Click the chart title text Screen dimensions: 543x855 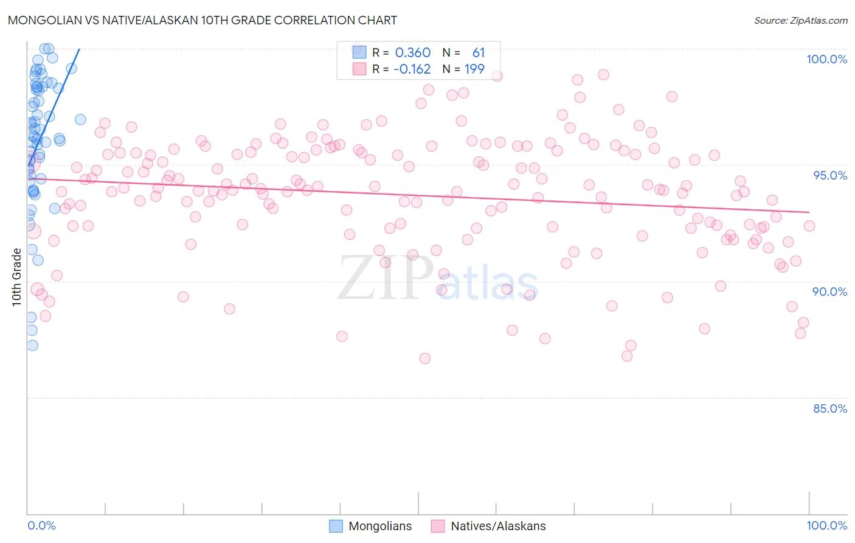coord(202,20)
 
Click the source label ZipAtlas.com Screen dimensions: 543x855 coord(800,21)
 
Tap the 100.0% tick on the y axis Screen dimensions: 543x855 coord(826,59)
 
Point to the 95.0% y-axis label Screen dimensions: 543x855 coord(830,175)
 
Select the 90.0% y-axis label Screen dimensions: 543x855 coord(829,292)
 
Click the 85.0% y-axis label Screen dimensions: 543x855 coord(829,408)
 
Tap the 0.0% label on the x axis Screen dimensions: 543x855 coord(41,525)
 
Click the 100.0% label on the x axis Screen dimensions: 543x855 coord(826,525)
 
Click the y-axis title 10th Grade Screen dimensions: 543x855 coord(17,277)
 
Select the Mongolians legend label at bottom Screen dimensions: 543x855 coord(380,526)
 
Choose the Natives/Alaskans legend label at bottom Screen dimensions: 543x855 coord(498,526)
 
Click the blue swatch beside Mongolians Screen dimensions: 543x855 coord(336,526)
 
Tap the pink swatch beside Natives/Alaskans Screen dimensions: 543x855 coord(438,526)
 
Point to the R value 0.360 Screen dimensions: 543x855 coord(412,53)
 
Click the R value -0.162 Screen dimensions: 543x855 coord(412,69)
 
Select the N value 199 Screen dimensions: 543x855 coord(474,69)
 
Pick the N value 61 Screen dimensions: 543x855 coord(479,53)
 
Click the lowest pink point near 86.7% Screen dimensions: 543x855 coord(424,359)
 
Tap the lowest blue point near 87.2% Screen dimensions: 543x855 coord(32,345)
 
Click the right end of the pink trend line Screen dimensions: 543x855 coord(809,212)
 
